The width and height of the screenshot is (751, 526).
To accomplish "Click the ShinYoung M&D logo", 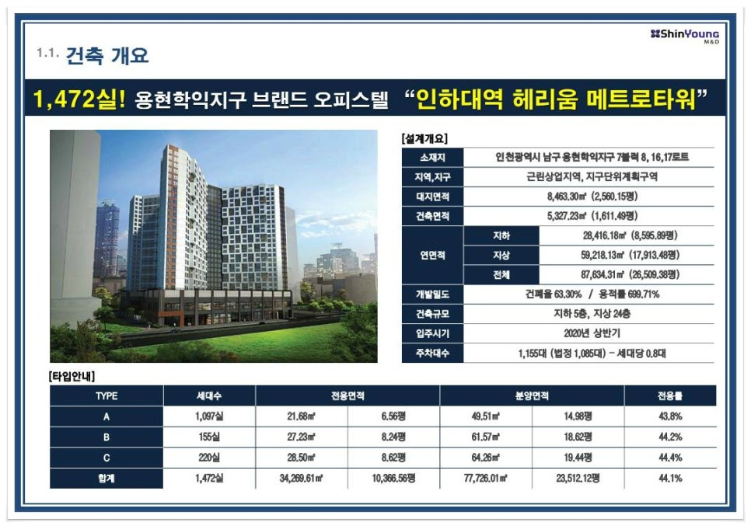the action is (x=685, y=36).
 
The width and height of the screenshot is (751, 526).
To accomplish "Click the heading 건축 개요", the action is (x=107, y=55).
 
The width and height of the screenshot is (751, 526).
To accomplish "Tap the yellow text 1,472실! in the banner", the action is (x=79, y=99).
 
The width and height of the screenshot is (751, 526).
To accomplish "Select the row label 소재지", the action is (x=432, y=158).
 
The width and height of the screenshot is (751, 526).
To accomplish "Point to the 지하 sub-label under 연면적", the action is (x=501, y=235).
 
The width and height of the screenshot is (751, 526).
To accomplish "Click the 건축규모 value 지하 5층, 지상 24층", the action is (x=592, y=314).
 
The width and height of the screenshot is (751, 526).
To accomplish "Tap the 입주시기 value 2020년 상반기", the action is (x=592, y=333).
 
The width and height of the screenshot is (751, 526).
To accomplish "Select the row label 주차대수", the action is (x=432, y=354).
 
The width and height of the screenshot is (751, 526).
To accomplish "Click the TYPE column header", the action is (x=107, y=396).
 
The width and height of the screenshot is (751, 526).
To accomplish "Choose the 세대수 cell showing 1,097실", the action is (x=209, y=416).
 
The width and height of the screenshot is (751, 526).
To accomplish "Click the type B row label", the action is (x=107, y=437).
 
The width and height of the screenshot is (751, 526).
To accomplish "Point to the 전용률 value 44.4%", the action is (x=670, y=458).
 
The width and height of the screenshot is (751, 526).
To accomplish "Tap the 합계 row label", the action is (x=107, y=478).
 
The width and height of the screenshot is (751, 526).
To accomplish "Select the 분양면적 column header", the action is (x=532, y=396).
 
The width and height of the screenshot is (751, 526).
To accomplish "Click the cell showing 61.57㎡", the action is (x=486, y=437).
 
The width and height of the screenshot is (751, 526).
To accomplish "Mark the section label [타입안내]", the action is (x=72, y=377).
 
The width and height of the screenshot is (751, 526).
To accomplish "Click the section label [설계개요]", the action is (x=424, y=139).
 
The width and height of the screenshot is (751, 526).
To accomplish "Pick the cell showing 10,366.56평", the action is (x=393, y=478).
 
